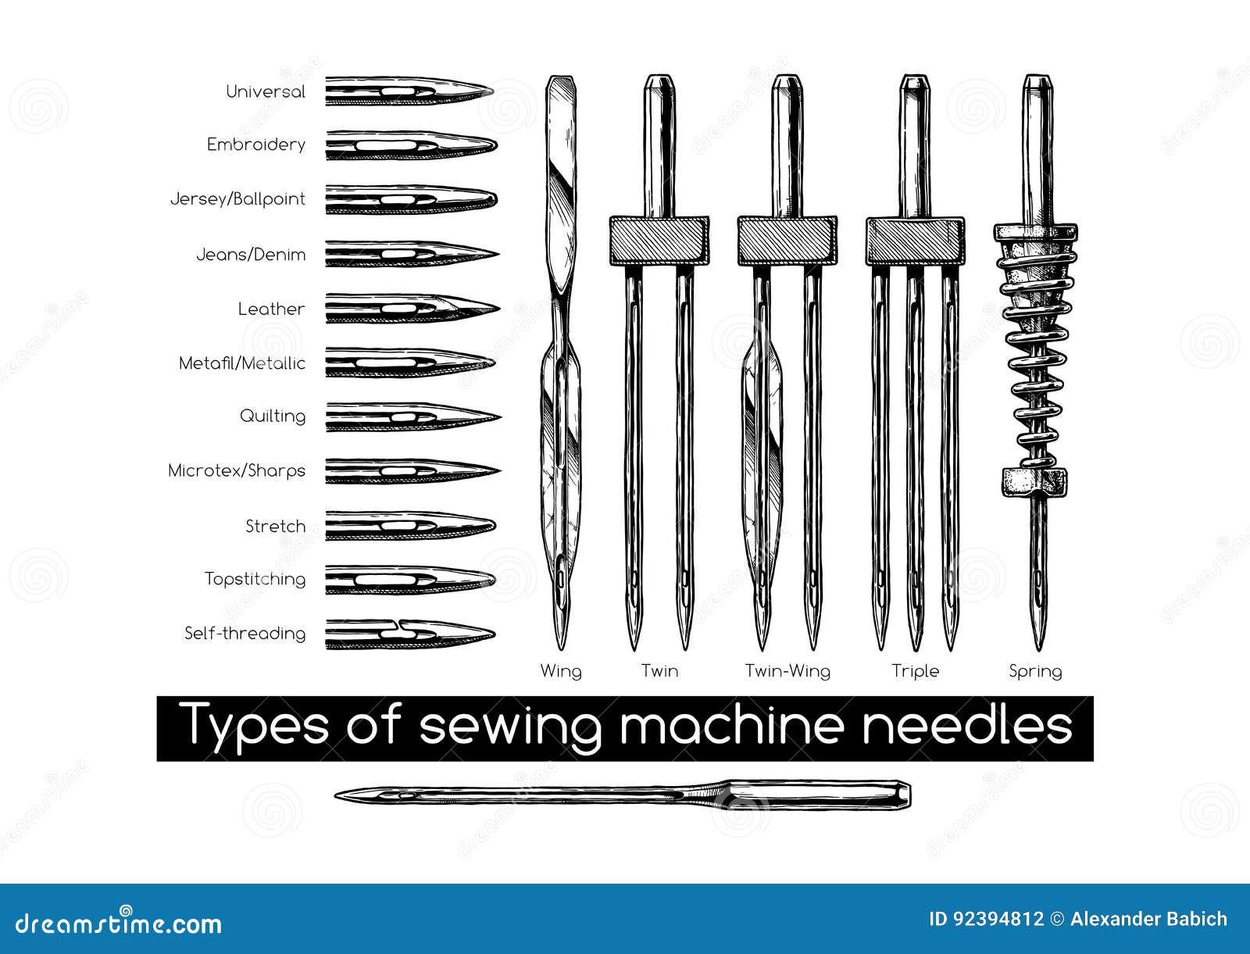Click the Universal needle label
(266, 91)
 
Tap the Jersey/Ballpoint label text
(238, 198)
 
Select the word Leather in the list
(272, 309)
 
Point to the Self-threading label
(245, 634)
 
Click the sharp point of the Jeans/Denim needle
(498, 254)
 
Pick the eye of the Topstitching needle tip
(387, 581)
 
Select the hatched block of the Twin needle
(659, 241)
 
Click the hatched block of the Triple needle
(915, 241)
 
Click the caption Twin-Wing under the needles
(787, 671)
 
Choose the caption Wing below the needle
(561, 671)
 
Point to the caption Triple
(915, 671)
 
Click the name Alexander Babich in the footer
(1148, 920)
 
